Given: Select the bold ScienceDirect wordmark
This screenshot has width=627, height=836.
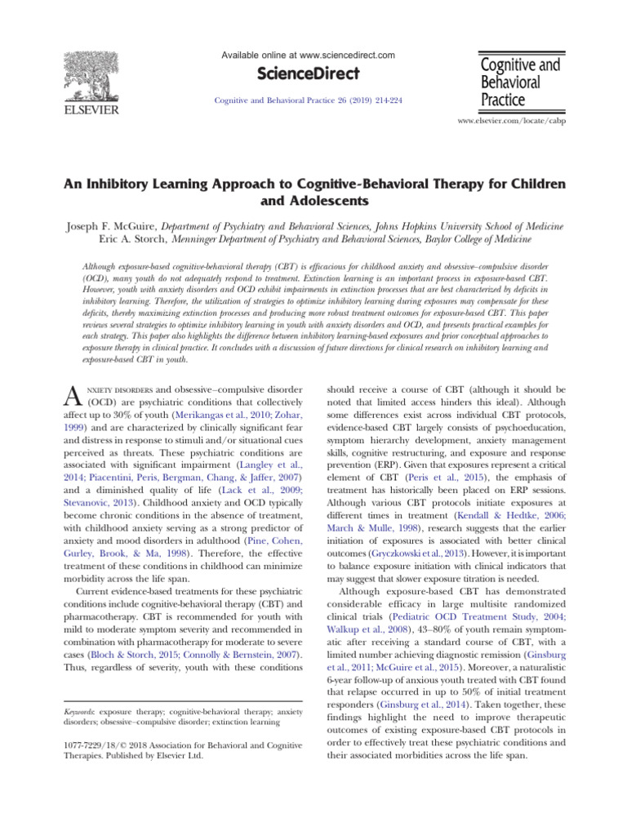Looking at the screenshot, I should [x=308, y=74].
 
